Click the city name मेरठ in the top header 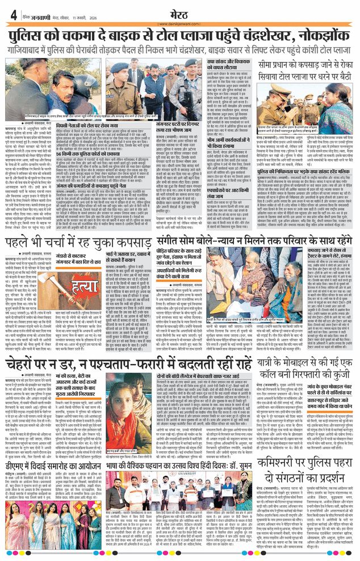click(x=179, y=12)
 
